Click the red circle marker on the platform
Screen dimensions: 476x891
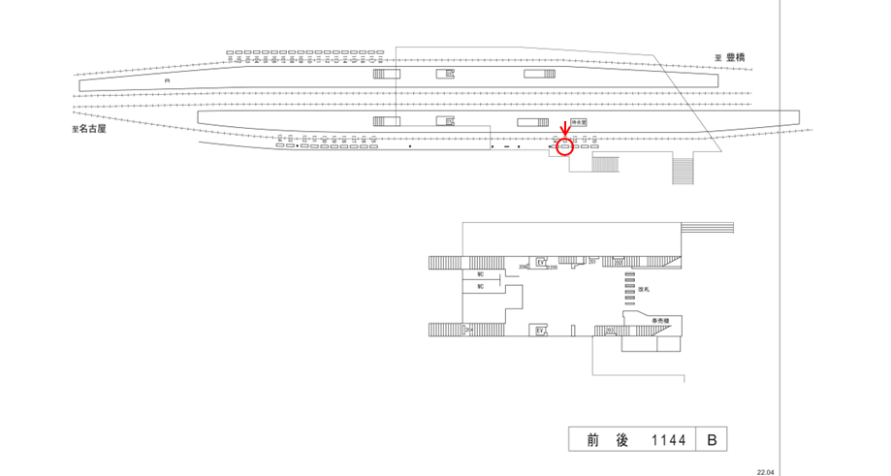tap(566, 147)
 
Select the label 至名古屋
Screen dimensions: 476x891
tap(88, 128)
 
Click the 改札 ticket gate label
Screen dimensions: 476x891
tap(643, 289)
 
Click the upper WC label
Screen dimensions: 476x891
tap(480, 274)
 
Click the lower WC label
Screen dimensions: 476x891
tap(480, 287)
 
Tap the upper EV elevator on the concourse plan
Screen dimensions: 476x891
tap(541, 263)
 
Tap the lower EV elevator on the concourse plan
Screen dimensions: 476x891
tap(541, 331)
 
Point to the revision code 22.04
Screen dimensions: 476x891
tap(766, 471)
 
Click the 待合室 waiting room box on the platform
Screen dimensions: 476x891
tap(578, 122)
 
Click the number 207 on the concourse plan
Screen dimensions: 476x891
tap(591, 262)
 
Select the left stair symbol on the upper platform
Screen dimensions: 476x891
tap(386, 73)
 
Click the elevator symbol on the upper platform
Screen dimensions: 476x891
tap(445, 73)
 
